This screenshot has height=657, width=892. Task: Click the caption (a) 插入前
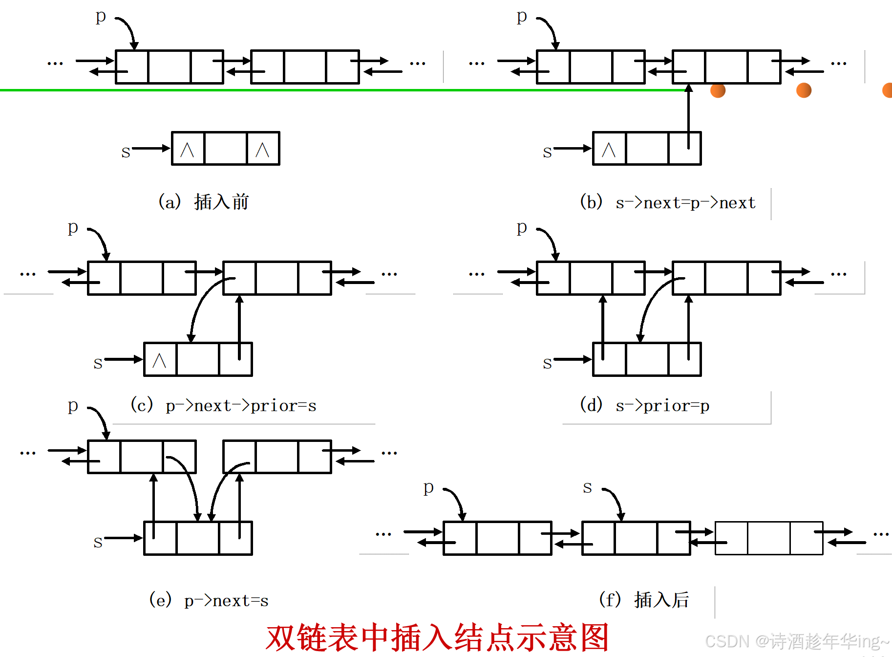(204, 201)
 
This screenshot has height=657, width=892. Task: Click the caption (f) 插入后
(644, 600)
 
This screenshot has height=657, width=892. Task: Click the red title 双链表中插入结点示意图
(437, 637)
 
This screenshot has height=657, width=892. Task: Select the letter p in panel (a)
(101, 16)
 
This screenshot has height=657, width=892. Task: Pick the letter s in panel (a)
(126, 152)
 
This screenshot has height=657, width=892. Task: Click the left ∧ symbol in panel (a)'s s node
(187, 149)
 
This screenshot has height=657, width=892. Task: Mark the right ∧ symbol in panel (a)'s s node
(262, 149)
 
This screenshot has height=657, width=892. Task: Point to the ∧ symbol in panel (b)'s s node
(609, 149)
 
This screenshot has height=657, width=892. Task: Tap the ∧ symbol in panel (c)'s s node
(159, 360)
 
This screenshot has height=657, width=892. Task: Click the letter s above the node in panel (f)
(587, 487)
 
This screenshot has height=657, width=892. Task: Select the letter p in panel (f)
(428, 487)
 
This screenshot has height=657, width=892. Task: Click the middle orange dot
(804, 90)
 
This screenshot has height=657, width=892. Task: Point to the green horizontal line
(342, 90)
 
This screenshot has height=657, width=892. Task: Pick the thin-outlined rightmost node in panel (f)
(769, 538)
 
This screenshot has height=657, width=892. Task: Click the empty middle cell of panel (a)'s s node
(225, 149)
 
